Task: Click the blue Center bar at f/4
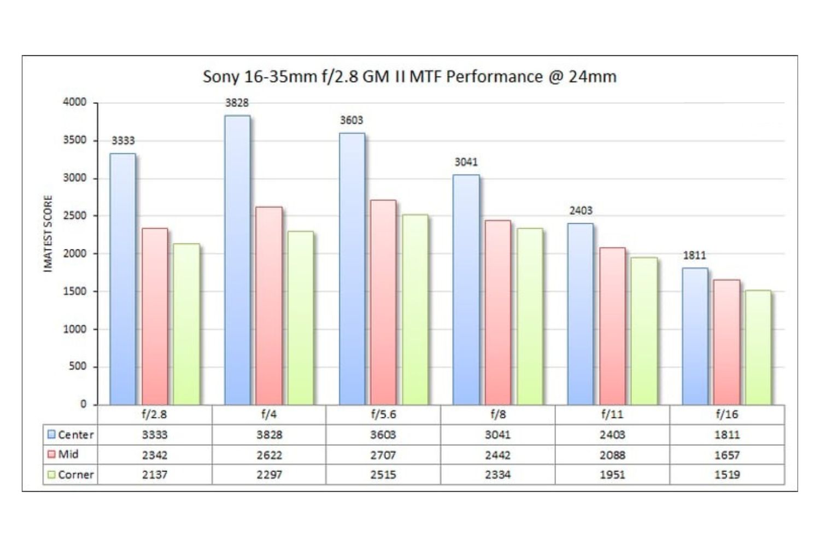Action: [x=237, y=260]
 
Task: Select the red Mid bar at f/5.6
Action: [x=383, y=302]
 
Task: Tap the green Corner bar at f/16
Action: [x=758, y=347]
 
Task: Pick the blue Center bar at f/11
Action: [x=581, y=313]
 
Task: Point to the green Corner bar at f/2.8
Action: [x=186, y=324]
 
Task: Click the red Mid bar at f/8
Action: [x=497, y=312]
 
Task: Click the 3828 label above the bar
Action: [x=237, y=103]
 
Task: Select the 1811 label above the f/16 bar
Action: [x=694, y=255]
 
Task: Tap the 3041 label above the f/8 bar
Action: [x=466, y=162]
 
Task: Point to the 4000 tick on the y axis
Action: [x=74, y=102]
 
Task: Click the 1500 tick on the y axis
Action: [x=74, y=291]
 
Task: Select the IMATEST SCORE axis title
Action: [x=48, y=234]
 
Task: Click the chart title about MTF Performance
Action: [x=409, y=77]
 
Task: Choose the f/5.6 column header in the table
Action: [x=383, y=415]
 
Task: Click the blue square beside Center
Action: [x=51, y=435]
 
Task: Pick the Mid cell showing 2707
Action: [x=383, y=455]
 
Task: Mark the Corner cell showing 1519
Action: [x=727, y=475]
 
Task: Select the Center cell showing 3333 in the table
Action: [x=155, y=435]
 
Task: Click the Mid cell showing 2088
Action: [x=612, y=455]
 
